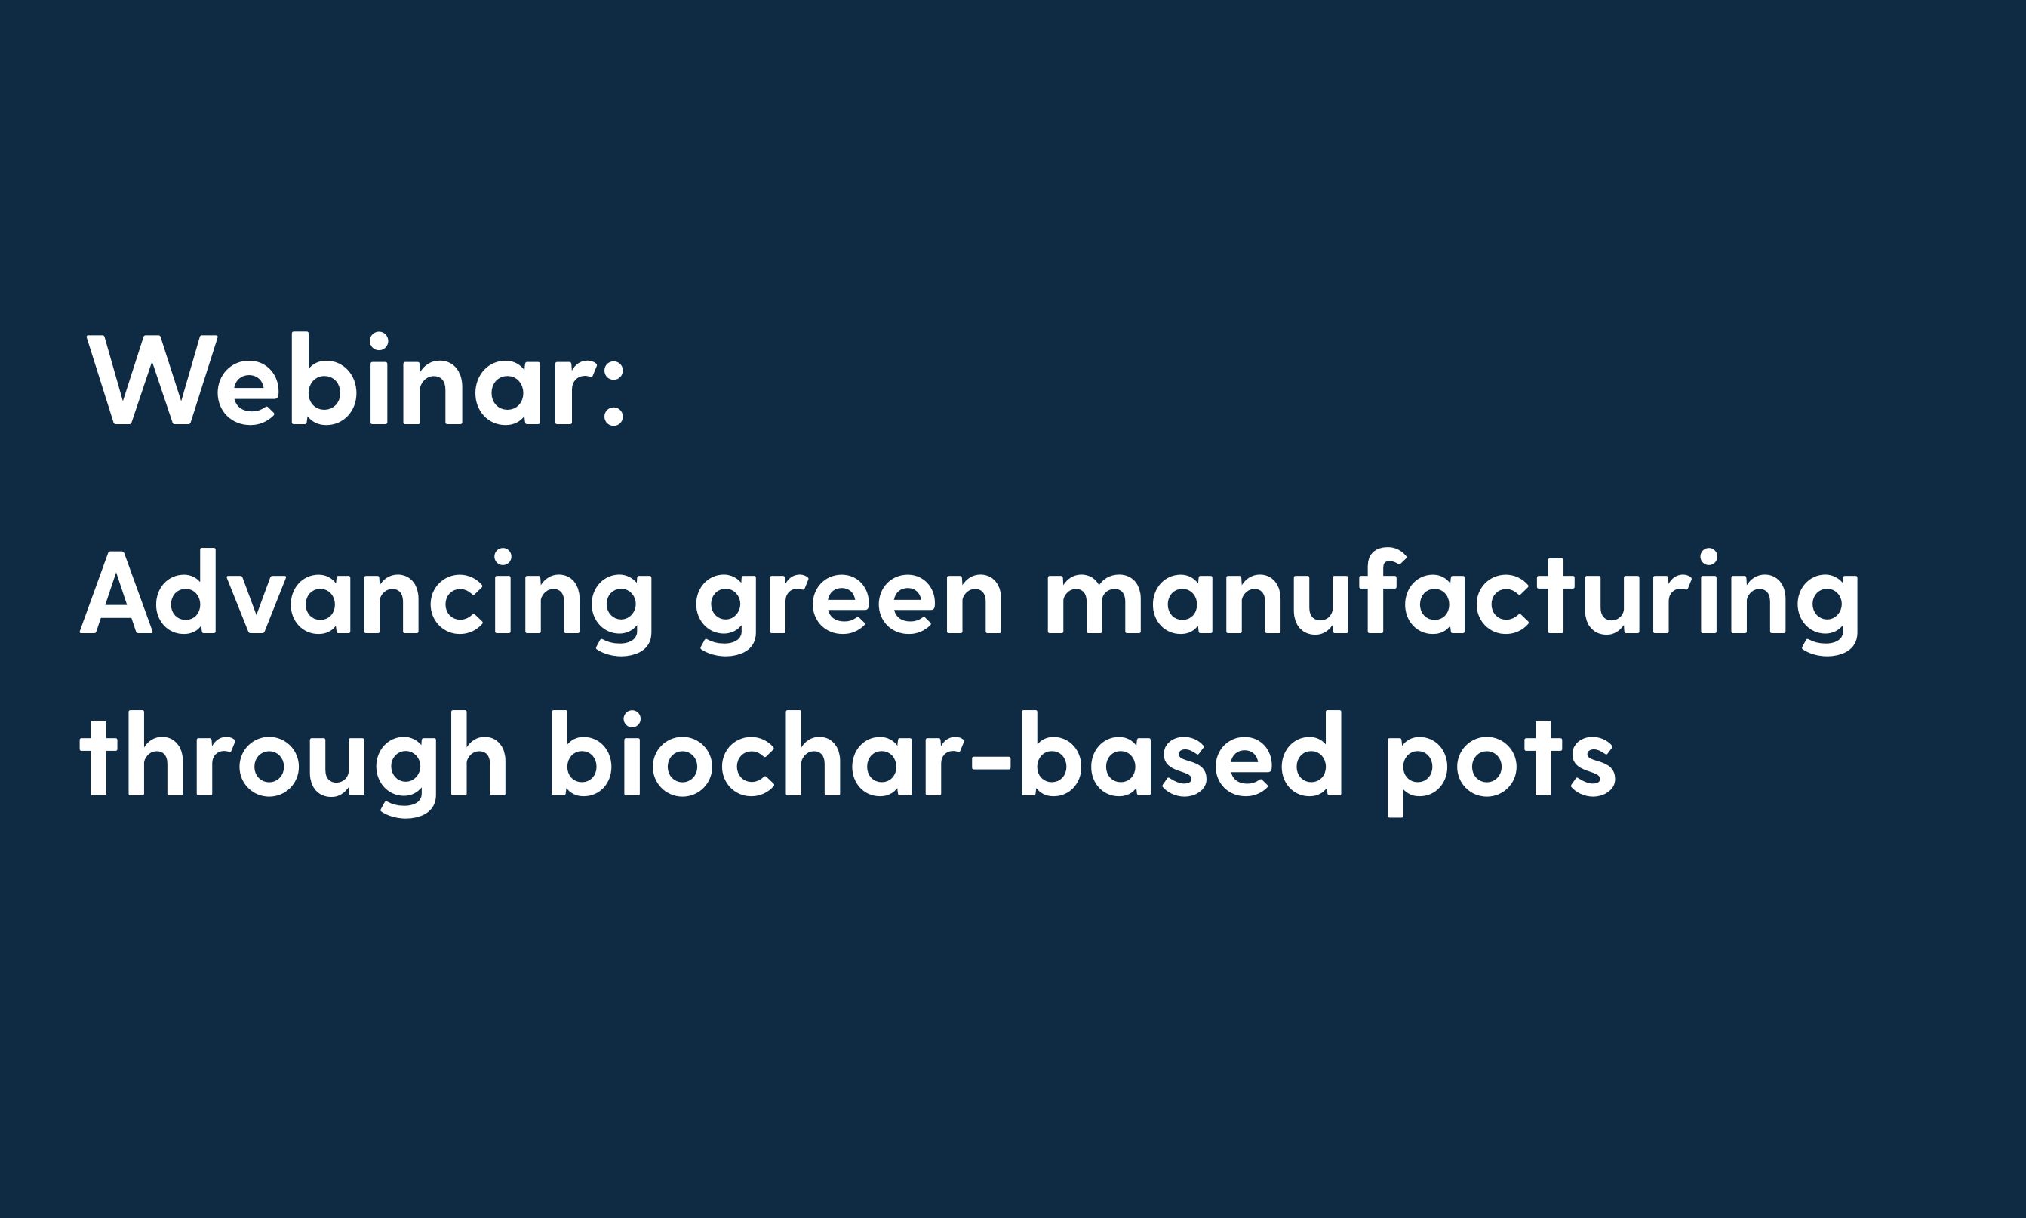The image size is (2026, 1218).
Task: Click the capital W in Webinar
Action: [152, 379]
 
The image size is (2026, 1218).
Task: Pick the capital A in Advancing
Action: [116, 592]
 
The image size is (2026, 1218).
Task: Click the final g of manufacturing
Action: [1827, 611]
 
